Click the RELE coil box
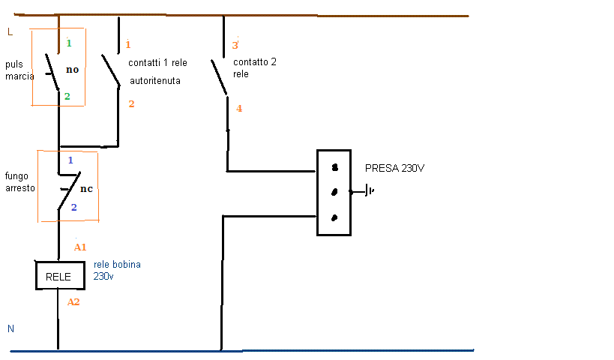(x=58, y=276)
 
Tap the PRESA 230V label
(x=394, y=168)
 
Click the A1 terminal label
(x=81, y=247)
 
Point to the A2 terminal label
(x=73, y=302)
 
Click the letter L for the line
(x=10, y=31)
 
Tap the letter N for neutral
(x=10, y=328)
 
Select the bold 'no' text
(x=73, y=70)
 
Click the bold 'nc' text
(x=86, y=188)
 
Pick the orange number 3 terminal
(x=235, y=45)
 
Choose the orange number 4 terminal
(x=239, y=109)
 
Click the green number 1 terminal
(x=68, y=43)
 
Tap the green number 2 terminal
(x=67, y=97)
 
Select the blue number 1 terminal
(x=70, y=160)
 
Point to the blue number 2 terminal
(x=73, y=207)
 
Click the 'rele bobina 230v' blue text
(x=117, y=270)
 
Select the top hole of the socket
(x=334, y=167)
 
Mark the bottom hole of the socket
(x=334, y=217)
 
